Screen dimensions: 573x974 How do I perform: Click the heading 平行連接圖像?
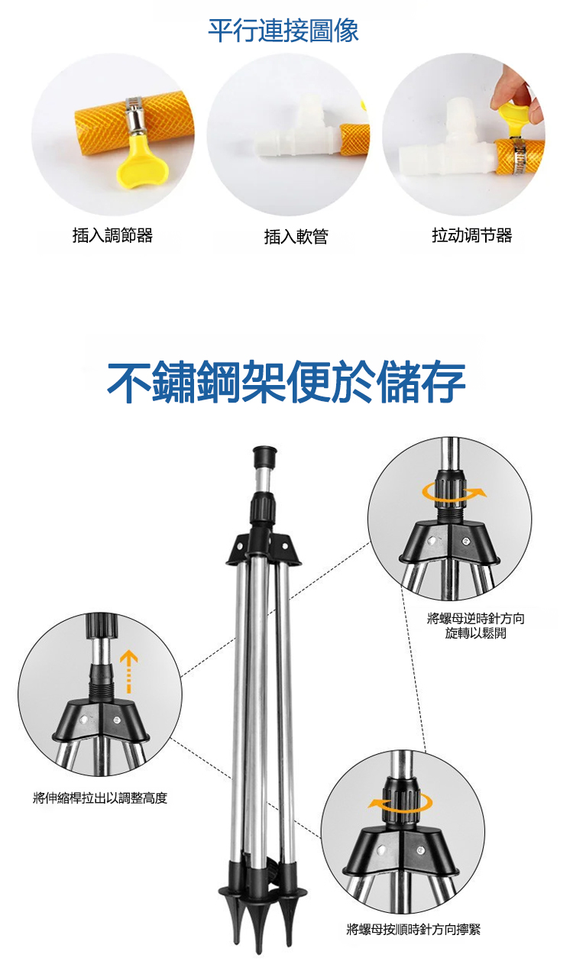click(x=283, y=31)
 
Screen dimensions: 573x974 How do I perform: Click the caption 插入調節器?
click(x=112, y=235)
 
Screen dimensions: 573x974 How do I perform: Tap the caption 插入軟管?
click(x=296, y=237)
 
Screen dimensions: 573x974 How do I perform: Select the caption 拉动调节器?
click(x=471, y=235)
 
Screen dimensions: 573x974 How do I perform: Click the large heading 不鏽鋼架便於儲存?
click(x=286, y=382)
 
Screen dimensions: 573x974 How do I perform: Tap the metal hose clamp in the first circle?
click(x=133, y=115)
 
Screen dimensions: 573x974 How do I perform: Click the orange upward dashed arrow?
click(x=128, y=671)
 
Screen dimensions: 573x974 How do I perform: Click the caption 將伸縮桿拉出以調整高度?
click(x=100, y=798)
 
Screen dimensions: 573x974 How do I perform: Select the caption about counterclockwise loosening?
click(x=476, y=626)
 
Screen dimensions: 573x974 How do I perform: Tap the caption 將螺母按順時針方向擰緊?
click(x=413, y=930)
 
